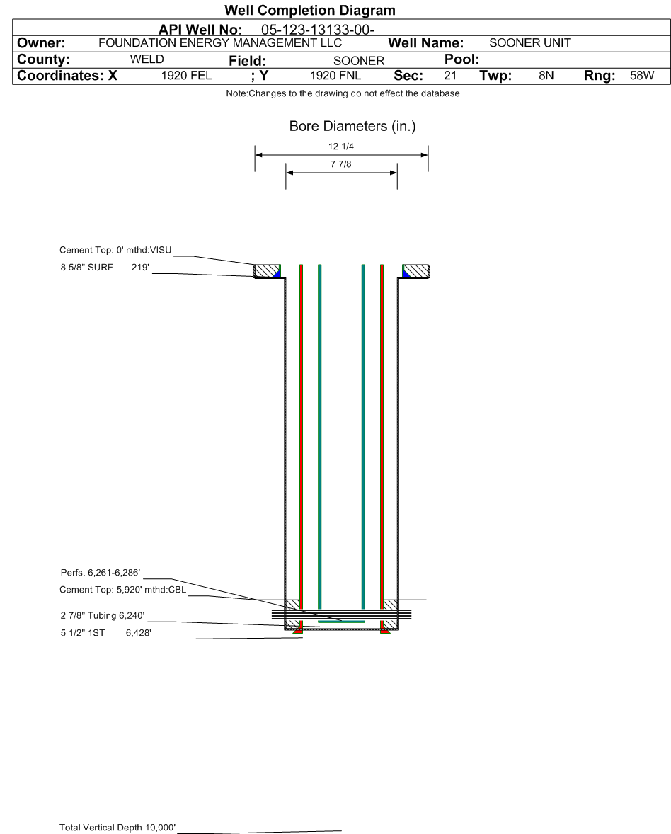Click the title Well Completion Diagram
pyautogui.click(x=309, y=11)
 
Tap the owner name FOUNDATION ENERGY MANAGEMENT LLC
pyautogui.click(x=219, y=43)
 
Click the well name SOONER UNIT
pyautogui.click(x=530, y=43)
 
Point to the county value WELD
pyautogui.click(x=147, y=59)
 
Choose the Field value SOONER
pyautogui.click(x=358, y=61)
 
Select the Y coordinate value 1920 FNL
pyautogui.click(x=336, y=75)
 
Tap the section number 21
pyautogui.click(x=450, y=75)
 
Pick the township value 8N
pyautogui.click(x=546, y=75)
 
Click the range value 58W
pyautogui.click(x=642, y=75)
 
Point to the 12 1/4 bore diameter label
pyautogui.click(x=341, y=147)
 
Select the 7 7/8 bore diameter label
pyautogui.click(x=341, y=164)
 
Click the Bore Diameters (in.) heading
pyautogui.click(x=352, y=127)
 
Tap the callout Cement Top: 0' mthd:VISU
pyautogui.click(x=115, y=250)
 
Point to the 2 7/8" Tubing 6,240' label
pyautogui.click(x=103, y=615)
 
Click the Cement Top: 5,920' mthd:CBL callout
pyautogui.click(x=122, y=590)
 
